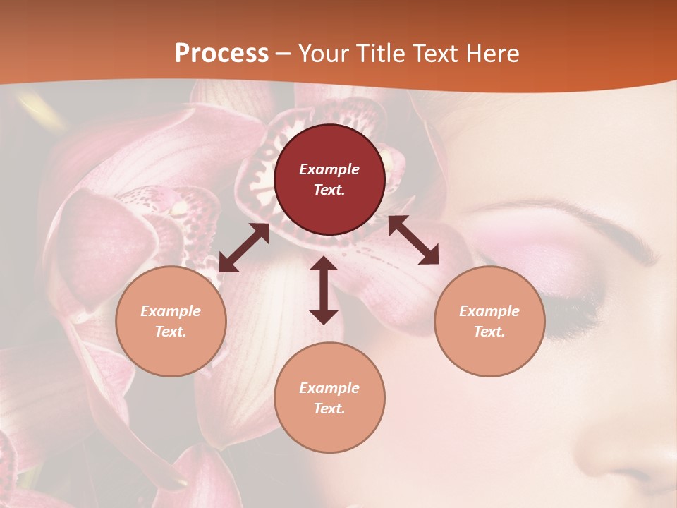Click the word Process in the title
[221, 54]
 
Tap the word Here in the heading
[492, 54]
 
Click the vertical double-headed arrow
[324, 290]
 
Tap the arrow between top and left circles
[244, 248]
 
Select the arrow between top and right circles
[413, 240]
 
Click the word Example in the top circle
[329, 169]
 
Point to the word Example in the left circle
[171, 311]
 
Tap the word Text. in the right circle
[489, 332]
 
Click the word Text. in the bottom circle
[329, 409]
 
